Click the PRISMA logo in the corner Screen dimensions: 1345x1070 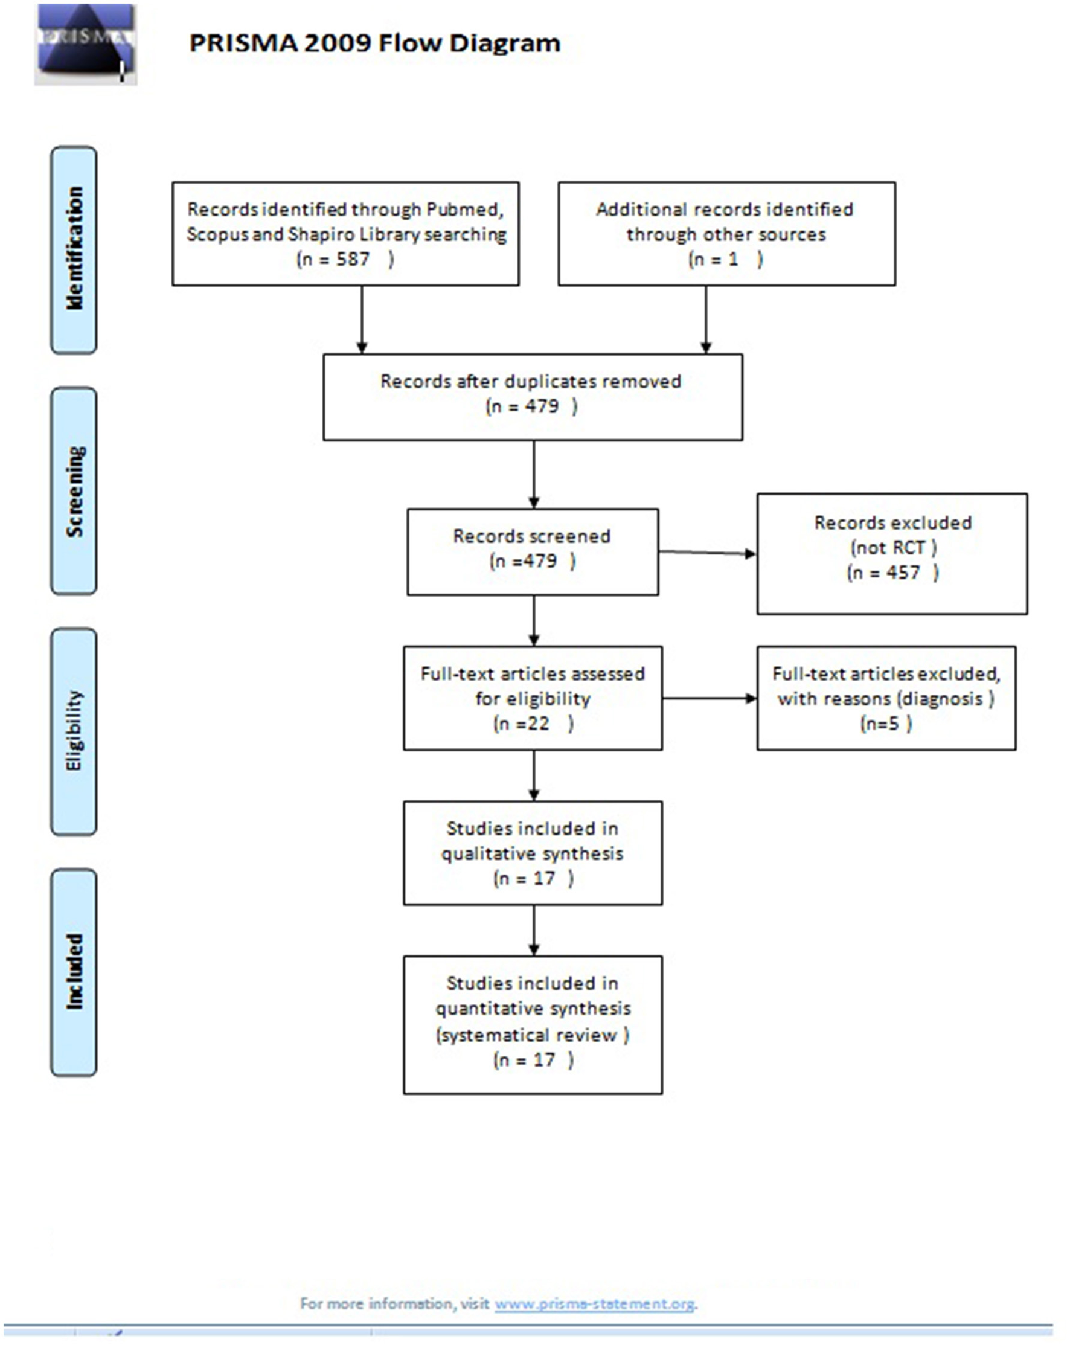pyautogui.click(x=85, y=43)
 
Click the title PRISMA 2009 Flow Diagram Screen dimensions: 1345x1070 pyautogui.click(x=374, y=43)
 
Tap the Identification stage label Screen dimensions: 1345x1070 pyautogui.click(x=74, y=249)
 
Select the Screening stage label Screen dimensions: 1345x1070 pyautogui.click(x=74, y=491)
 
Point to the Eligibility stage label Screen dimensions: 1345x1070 pyautogui.click(x=74, y=731)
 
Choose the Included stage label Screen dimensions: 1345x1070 pyautogui.click(x=74, y=971)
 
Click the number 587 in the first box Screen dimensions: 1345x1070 pyautogui.click(x=353, y=259)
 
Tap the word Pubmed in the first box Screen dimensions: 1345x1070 pyautogui.click(x=464, y=210)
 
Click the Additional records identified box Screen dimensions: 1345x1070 pyautogui.click(x=726, y=234)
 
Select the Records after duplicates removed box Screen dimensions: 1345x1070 pyautogui.click(x=533, y=397)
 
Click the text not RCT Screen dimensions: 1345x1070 pyautogui.click(x=892, y=548)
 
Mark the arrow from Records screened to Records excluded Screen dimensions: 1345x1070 pyautogui.click(x=707, y=552)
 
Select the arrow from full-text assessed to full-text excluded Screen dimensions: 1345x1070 pyautogui.click(x=709, y=698)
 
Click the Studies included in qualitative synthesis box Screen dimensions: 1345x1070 pyautogui.click(x=533, y=852)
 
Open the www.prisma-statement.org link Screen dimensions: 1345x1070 pyautogui.click(x=594, y=1303)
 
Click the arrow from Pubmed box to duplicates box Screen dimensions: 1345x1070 pyautogui.click(x=362, y=319)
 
